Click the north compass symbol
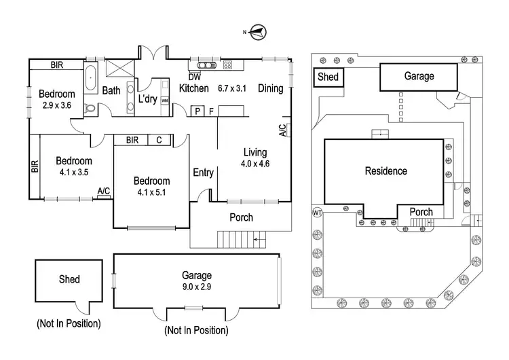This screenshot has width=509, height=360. tap(258, 30)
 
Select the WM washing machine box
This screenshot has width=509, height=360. tap(164, 100)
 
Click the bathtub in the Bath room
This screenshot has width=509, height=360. tap(91, 79)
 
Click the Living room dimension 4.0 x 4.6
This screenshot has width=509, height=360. tap(255, 164)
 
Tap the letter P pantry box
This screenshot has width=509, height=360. tap(197, 111)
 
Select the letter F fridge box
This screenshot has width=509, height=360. tap(211, 111)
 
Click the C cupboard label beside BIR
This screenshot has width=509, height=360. tap(158, 141)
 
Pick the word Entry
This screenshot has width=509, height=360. tap(204, 173)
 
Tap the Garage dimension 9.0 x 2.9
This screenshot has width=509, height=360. tap(197, 287)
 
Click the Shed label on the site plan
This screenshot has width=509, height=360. tap(328, 77)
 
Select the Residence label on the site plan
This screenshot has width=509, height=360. tap(385, 171)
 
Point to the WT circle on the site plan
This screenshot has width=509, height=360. tap(316, 213)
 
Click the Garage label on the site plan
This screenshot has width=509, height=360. tap(419, 77)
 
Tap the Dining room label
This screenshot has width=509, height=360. tap(270, 88)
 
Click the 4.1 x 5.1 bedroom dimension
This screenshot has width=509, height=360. tap(151, 193)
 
